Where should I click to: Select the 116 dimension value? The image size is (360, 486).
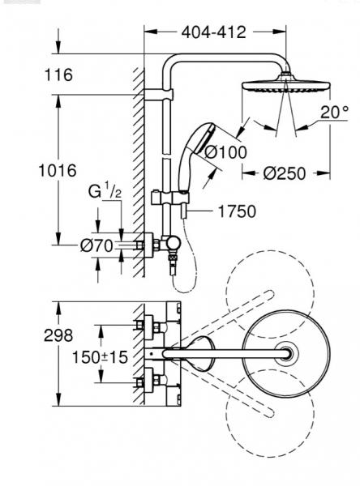pos(58,75)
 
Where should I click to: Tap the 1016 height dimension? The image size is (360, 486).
pos(58,171)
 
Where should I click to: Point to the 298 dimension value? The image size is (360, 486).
pos(58,335)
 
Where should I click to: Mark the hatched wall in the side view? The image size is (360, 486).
pos(139,162)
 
